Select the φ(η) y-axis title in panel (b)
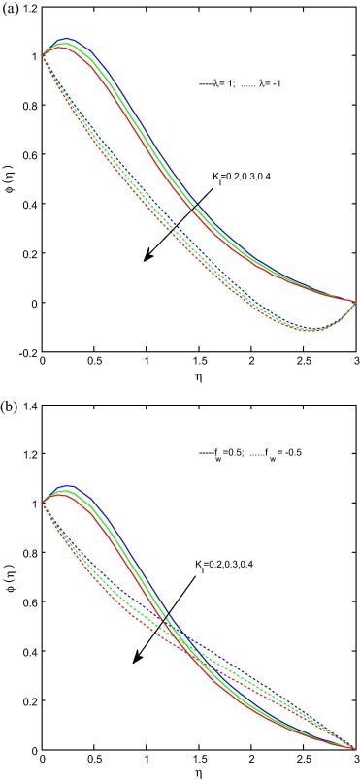(x=9, y=576)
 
